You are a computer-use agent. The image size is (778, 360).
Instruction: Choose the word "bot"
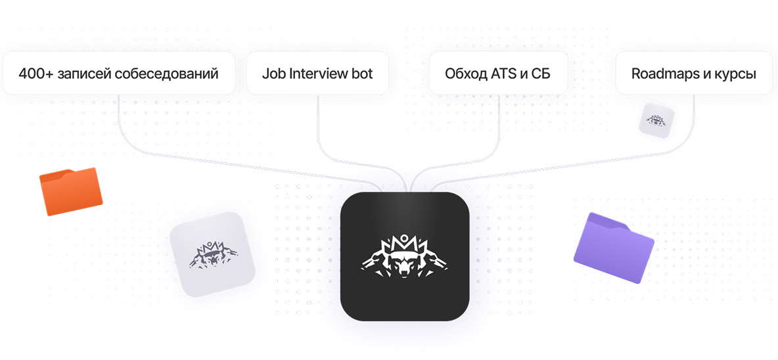(361, 74)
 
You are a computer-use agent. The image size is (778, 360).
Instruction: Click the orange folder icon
(71, 191)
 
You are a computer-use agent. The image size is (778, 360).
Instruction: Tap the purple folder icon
(614, 248)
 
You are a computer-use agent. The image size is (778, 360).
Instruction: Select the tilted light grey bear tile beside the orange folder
(212, 254)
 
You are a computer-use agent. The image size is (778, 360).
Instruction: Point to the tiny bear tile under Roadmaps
(656, 120)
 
